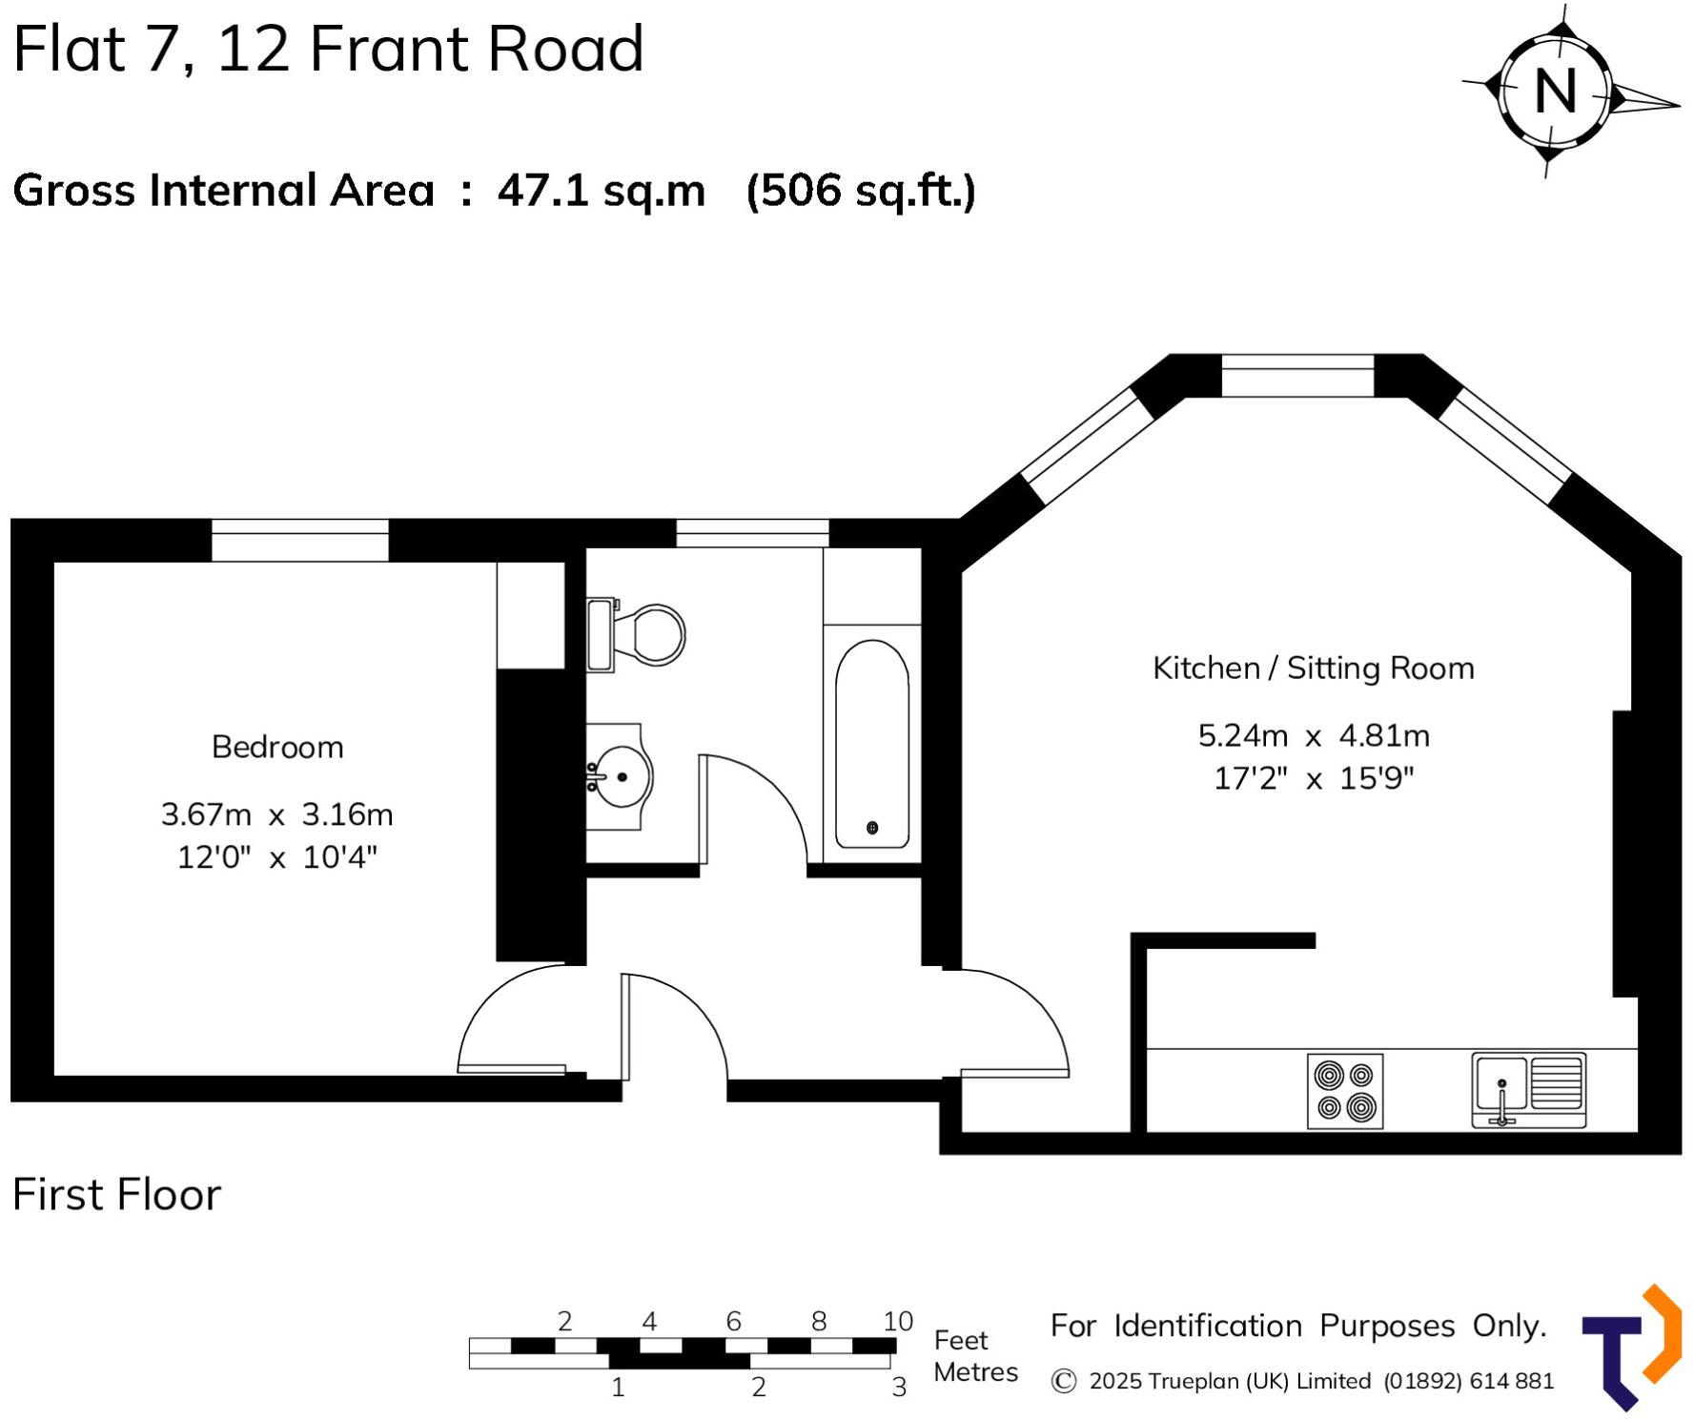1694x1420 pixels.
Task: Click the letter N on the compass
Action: [x=1555, y=92]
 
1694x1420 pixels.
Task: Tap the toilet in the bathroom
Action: [x=636, y=634]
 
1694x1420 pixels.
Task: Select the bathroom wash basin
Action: [x=619, y=776]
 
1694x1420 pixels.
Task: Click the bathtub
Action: [x=871, y=744]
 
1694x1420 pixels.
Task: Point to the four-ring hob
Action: [x=1344, y=1091]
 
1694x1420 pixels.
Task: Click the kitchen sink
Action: [x=1528, y=1090]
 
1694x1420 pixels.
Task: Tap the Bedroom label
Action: [x=277, y=747]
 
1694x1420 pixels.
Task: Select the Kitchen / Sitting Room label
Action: [x=1313, y=668]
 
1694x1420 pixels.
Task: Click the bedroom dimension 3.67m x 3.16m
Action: [x=276, y=814]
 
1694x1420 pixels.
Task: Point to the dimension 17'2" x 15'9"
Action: [x=1313, y=778]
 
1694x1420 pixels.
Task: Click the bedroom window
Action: [x=299, y=540]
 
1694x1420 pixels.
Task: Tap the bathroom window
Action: [x=752, y=533]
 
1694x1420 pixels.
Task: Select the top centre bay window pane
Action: [x=1297, y=375]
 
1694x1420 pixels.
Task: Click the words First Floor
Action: [x=116, y=1194]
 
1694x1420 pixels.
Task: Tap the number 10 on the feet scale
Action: [x=897, y=1321]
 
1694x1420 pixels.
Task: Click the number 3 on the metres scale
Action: [x=898, y=1387]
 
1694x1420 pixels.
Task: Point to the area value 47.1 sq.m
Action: [x=601, y=191]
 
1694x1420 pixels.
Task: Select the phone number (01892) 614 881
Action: [x=1468, y=1381]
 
